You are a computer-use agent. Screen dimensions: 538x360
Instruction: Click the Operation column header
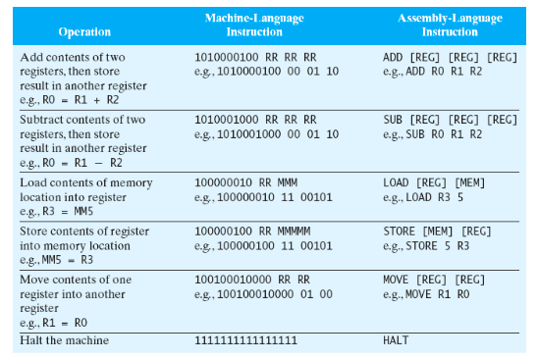point(84,31)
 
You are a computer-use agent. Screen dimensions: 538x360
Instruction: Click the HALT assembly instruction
point(396,340)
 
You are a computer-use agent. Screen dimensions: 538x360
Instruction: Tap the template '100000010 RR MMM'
point(245,182)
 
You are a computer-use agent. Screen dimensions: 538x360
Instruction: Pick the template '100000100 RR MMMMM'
point(252,233)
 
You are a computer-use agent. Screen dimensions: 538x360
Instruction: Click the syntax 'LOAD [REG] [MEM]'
point(433,182)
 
